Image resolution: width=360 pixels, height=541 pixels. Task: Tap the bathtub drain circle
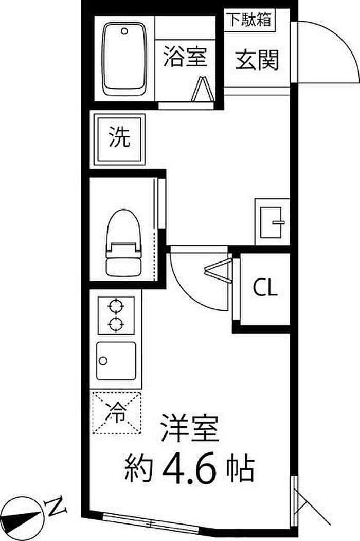(124, 31)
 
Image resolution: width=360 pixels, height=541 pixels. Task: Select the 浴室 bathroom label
(185, 57)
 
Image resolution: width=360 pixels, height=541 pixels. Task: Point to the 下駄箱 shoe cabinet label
(249, 20)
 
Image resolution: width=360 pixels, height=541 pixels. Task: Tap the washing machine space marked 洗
(119, 138)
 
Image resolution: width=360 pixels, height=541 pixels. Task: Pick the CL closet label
(265, 288)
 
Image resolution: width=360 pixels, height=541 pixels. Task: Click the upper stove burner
(116, 306)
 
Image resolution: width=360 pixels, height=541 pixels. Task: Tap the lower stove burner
(116, 324)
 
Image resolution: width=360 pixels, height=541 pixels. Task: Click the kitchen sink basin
(116, 361)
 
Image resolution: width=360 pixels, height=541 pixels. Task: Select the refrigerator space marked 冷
(117, 413)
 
